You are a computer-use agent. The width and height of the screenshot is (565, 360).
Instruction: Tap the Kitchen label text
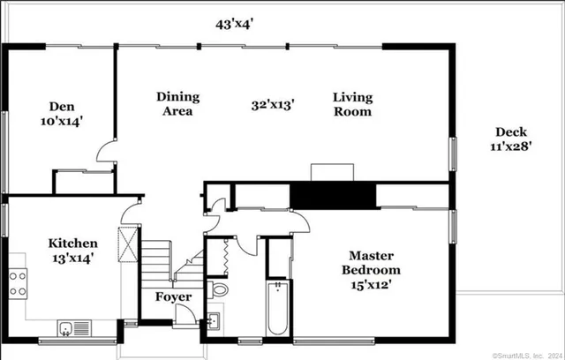tap(72, 251)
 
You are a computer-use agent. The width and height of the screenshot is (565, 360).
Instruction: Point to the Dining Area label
tap(177, 104)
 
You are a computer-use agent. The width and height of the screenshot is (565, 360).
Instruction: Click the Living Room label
tap(352, 104)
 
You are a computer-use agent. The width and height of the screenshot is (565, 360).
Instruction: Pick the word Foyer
tap(173, 297)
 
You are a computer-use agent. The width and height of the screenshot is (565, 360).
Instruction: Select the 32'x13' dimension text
tap(272, 105)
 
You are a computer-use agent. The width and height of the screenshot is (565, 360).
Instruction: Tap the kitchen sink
tap(67, 328)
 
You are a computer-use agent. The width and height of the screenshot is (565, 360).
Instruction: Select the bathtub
tap(277, 309)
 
